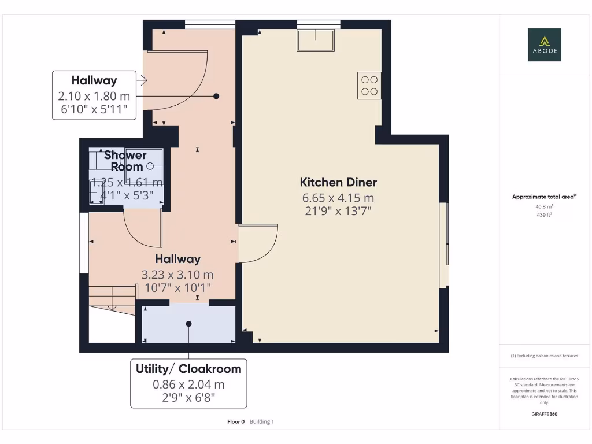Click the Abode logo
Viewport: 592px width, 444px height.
pyautogui.click(x=544, y=45)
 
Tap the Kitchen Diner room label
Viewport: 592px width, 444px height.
pyautogui.click(x=338, y=182)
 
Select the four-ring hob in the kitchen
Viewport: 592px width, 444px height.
pyautogui.click(x=369, y=86)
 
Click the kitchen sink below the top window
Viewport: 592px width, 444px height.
pyautogui.click(x=316, y=40)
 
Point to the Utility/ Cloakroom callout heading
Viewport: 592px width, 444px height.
pyautogui.click(x=188, y=369)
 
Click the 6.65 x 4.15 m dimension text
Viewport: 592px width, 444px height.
pyautogui.click(x=338, y=198)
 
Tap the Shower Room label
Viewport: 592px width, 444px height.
pyautogui.click(x=126, y=161)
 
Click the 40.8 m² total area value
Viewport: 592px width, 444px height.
pyautogui.click(x=544, y=206)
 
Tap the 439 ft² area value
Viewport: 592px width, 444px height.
pyautogui.click(x=544, y=215)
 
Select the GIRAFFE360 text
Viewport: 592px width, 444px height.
pyautogui.click(x=544, y=414)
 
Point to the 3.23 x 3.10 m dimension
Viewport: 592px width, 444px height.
pyautogui.click(x=177, y=275)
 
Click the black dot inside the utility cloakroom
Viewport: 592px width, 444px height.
pyautogui.click(x=188, y=324)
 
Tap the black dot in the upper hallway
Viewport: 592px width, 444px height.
pyautogui.click(x=216, y=96)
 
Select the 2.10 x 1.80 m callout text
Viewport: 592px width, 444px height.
pyautogui.click(x=94, y=96)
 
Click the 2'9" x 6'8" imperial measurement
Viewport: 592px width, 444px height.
pyautogui.click(x=188, y=397)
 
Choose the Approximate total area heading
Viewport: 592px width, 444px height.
pyautogui.click(x=543, y=197)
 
